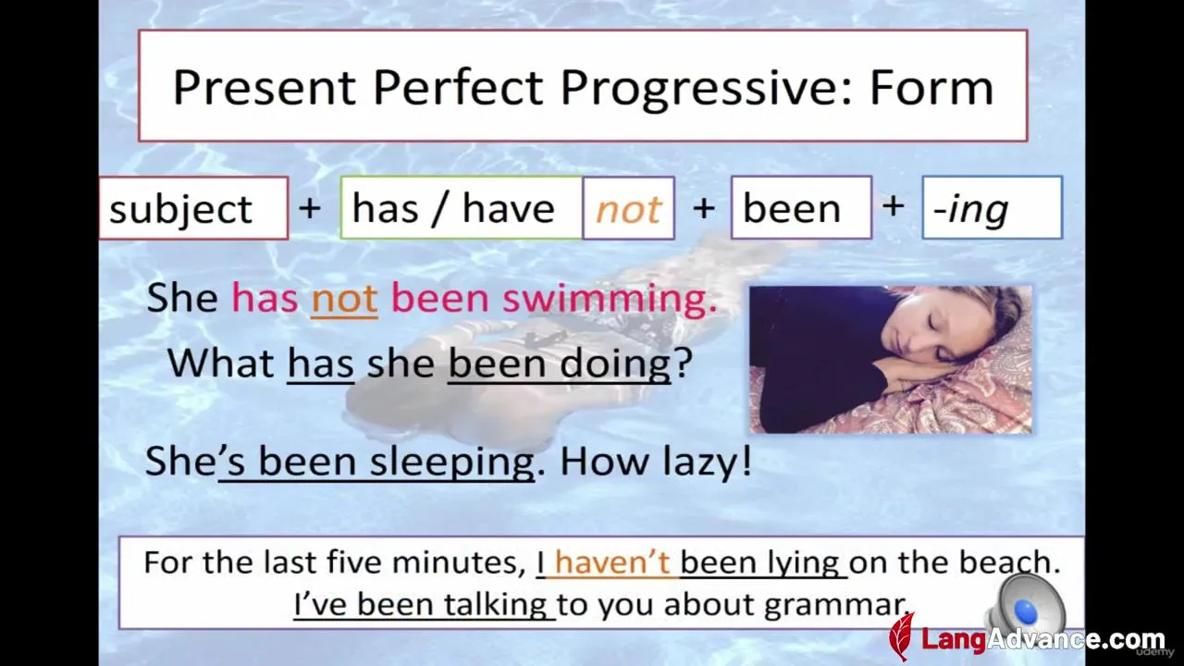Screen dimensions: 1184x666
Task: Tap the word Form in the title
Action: pos(931,87)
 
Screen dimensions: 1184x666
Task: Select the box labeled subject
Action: pos(194,208)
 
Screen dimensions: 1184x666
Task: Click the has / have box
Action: pos(462,208)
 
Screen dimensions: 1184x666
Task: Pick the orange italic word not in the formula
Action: pos(628,210)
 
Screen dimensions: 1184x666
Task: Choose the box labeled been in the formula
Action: pos(801,208)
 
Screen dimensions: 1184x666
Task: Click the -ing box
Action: pos(993,208)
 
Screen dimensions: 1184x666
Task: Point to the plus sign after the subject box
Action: pos(310,207)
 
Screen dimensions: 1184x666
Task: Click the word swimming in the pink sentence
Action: pos(610,299)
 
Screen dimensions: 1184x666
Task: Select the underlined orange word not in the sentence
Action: pos(345,298)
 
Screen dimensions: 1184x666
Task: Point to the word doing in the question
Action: pos(615,365)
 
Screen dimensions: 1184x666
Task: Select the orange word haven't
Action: pos(612,561)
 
